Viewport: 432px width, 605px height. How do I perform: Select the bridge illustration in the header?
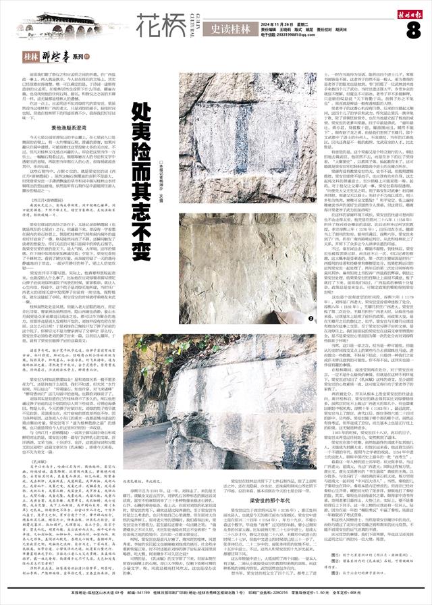(x=64, y=26)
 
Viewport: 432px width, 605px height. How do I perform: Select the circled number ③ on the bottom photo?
(x=313, y=466)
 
